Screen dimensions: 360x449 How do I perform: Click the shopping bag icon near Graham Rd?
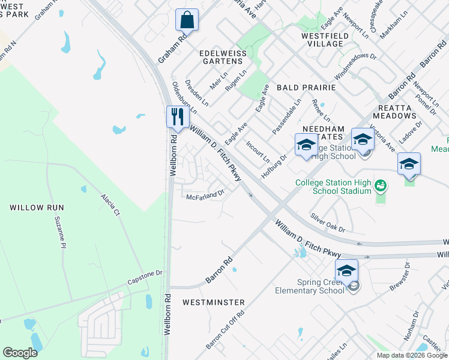click(187, 19)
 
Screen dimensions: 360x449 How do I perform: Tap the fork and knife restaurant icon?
click(177, 116)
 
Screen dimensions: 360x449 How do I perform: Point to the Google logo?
click(20, 353)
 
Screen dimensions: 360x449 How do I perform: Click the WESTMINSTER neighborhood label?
click(213, 302)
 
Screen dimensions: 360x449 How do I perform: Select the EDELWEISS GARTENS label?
click(224, 58)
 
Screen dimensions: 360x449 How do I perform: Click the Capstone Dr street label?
click(145, 273)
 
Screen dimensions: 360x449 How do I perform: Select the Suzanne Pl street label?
click(59, 232)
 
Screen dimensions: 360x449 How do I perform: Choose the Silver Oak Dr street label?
click(327, 222)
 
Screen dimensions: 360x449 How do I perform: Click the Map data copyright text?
click(411, 355)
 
